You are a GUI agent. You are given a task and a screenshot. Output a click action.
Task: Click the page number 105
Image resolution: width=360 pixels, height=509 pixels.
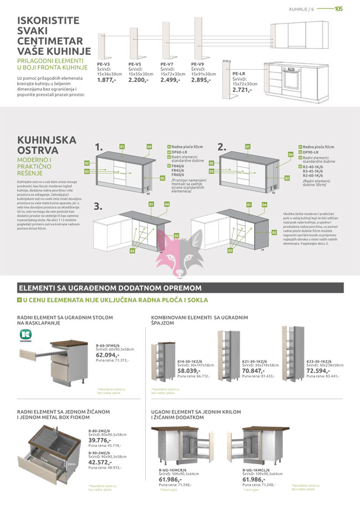(339, 8)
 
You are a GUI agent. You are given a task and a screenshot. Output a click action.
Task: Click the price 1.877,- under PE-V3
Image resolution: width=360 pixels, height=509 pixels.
(106, 80)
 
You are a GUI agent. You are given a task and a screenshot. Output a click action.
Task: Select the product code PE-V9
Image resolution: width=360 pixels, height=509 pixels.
(198, 64)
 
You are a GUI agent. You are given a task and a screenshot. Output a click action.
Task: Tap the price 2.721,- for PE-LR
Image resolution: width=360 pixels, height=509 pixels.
(242, 89)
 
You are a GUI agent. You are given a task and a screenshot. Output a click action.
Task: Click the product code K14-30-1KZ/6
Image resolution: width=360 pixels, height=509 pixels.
(189, 361)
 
